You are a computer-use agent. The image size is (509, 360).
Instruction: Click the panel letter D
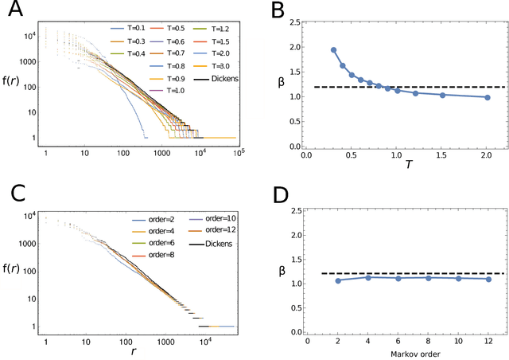tap(277, 194)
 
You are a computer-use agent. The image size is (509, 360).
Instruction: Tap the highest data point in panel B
tap(333, 50)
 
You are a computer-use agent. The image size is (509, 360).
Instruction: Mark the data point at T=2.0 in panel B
tap(487, 98)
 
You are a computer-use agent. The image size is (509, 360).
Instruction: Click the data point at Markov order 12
tap(487, 279)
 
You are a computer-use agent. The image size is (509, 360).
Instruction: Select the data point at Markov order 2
tap(339, 280)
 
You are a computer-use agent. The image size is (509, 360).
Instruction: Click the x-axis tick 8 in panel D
tap(428, 339)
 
